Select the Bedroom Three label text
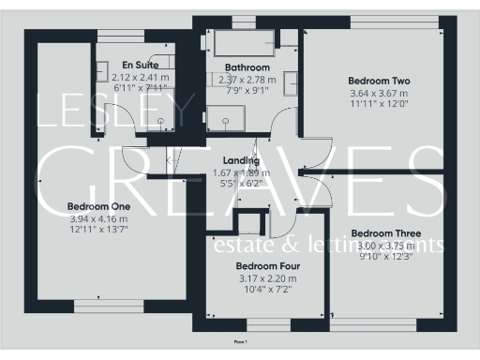point(385,232)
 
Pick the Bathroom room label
point(247,67)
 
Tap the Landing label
point(242,161)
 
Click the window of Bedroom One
point(100,304)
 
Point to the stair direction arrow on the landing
point(170,161)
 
